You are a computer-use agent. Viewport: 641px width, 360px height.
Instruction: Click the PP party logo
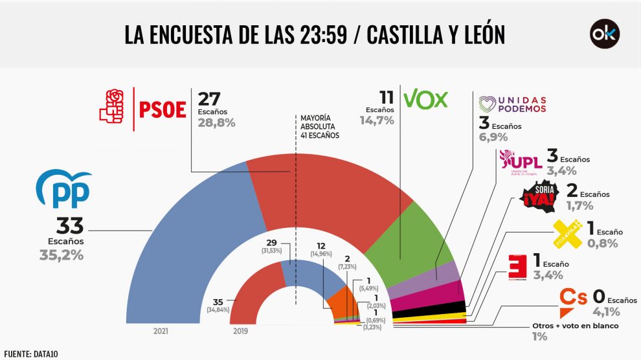(63, 190)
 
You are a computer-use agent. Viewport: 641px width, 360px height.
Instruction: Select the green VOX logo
(425, 99)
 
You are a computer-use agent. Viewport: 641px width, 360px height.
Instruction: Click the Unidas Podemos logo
(512, 104)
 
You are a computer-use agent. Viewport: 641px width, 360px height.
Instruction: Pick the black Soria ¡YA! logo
(539, 195)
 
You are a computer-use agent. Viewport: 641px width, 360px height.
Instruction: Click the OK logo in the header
(604, 34)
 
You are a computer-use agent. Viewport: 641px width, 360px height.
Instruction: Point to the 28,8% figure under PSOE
(216, 122)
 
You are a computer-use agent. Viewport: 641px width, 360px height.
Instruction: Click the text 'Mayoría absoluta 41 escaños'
(319, 127)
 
